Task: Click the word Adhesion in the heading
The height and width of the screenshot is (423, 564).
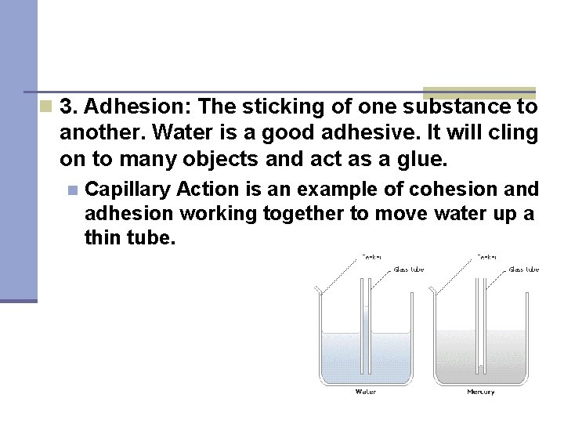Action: click(118, 107)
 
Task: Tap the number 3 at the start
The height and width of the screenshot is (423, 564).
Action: click(67, 107)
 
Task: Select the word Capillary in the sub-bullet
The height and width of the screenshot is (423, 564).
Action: click(128, 189)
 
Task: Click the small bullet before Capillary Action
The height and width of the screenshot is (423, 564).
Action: click(73, 190)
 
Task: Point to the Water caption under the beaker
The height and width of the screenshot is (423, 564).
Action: click(366, 392)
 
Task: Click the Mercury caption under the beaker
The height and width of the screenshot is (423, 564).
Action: click(480, 392)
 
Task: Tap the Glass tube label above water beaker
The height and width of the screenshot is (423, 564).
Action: click(408, 269)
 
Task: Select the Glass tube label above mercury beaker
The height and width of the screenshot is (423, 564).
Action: click(523, 269)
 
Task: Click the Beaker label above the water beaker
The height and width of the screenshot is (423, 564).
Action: click(371, 256)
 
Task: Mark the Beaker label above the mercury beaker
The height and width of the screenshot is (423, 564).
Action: click(487, 256)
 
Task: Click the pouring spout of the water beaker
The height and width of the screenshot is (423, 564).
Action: click(317, 291)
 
